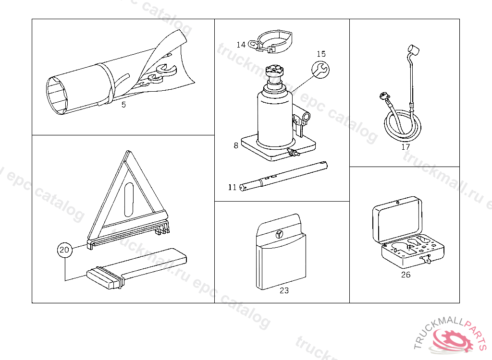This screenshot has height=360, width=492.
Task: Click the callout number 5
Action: (123, 105)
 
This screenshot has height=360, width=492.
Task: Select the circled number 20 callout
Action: (65, 250)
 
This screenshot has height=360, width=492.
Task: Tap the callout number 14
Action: (241, 45)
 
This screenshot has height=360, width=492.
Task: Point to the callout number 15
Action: (321, 54)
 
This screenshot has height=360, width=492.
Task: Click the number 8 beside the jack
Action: (236, 145)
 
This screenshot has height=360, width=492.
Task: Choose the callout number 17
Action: (406, 147)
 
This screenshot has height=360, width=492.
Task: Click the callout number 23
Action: (284, 290)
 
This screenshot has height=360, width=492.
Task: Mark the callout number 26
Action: (406, 275)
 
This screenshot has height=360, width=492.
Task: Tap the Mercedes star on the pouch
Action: (279, 234)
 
